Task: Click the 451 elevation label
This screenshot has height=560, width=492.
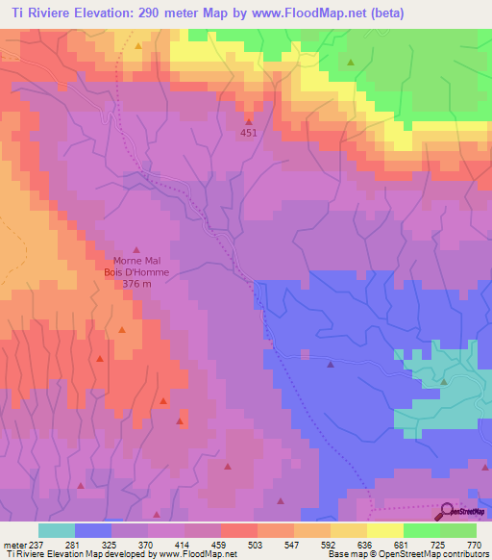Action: point(249,134)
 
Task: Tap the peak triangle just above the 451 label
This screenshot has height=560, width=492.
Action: point(249,121)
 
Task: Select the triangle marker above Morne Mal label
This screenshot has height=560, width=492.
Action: point(135,248)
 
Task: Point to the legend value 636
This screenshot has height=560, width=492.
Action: point(366,544)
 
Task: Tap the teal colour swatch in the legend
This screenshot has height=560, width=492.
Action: point(57,530)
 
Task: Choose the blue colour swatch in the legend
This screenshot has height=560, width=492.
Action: point(93,530)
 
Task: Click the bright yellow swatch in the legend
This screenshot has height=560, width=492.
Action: point(385,530)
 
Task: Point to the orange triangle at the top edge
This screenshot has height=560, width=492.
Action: point(138,46)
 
